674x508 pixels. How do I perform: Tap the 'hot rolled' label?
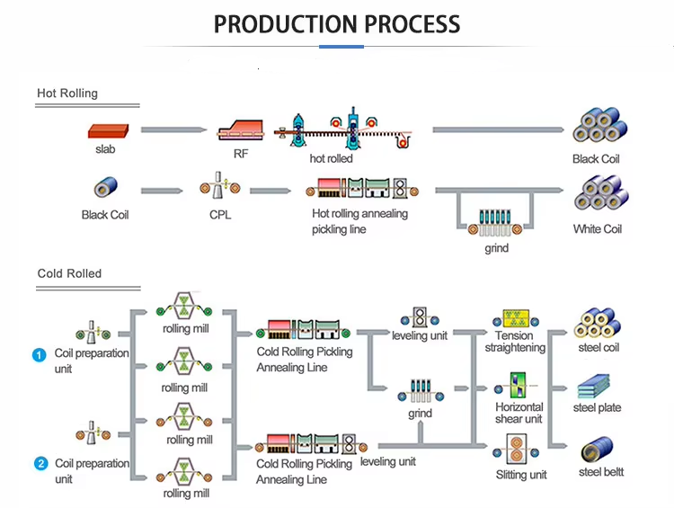pyautogui.click(x=331, y=159)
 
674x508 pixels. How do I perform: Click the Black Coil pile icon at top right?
pyautogui.click(x=597, y=129)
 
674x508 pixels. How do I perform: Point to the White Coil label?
pyautogui.click(x=597, y=229)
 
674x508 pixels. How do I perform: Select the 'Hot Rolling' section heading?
pyautogui.click(x=67, y=93)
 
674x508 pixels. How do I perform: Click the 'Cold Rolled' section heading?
pyautogui.click(x=69, y=273)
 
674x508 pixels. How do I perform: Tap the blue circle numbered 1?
pyautogui.click(x=40, y=355)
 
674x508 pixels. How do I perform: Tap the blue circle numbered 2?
pyautogui.click(x=40, y=464)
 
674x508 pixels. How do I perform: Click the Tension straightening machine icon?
pyautogui.click(x=515, y=318)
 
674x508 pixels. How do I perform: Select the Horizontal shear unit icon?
pyautogui.click(x=519, y=386)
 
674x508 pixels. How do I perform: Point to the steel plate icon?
pyautogui.click(x=598, y=388)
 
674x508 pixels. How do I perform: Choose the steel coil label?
pyautogui.click(x=598, y=348)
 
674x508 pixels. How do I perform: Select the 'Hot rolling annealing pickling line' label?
pyautogui.click(x=359, y=221)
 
